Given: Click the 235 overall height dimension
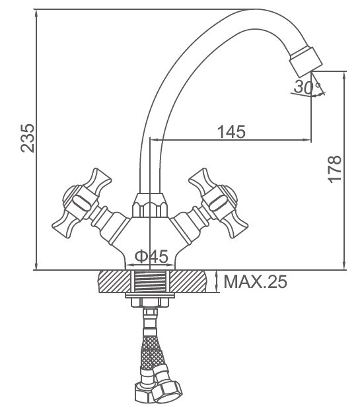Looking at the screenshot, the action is point(28,138).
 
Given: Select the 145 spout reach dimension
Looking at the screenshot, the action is point(231,131).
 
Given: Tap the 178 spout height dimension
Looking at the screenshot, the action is point(334,169).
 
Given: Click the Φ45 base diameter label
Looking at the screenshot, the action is point(151,256).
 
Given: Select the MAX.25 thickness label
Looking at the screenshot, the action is point(256,281).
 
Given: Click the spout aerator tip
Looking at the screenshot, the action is point(306,60).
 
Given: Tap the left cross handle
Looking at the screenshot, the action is point(82,203).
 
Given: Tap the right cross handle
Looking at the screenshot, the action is point(218,203).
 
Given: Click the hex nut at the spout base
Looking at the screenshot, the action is point(150,205).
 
